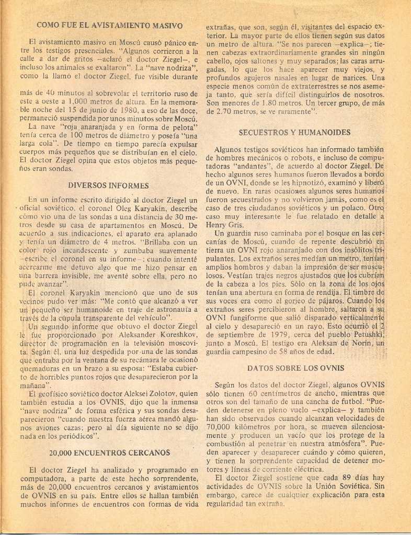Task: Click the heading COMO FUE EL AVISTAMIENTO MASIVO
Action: click(x=109, y=25)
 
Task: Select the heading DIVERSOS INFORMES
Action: click(x=108, y=185)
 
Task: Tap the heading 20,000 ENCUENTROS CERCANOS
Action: click(x=109, y=452)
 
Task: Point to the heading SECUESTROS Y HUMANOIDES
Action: click(x=294, y=133)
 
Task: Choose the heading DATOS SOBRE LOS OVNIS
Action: click(x=295, y=368)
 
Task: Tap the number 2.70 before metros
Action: click(x=225, y=112)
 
